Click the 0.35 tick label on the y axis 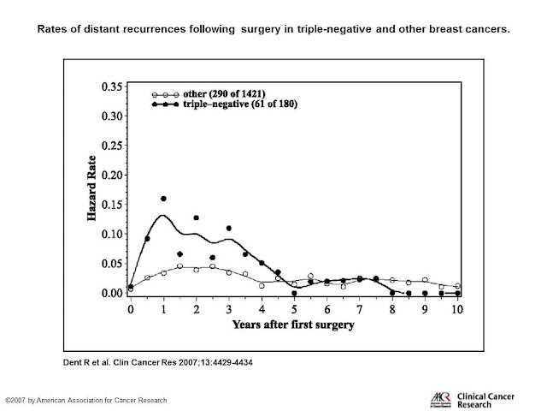coord(112,87)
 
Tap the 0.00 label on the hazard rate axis coord(112,293)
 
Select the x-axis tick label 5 coord(295,307)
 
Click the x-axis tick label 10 coord(458,307)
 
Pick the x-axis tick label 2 coord(196,307)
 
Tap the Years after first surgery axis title coord(294,325)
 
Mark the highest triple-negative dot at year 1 coord(163,199)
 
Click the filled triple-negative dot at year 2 coord(196,218)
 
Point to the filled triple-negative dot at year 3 coord(229,229)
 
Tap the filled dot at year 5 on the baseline coord(295,292)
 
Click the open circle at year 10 coord(458,286)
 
